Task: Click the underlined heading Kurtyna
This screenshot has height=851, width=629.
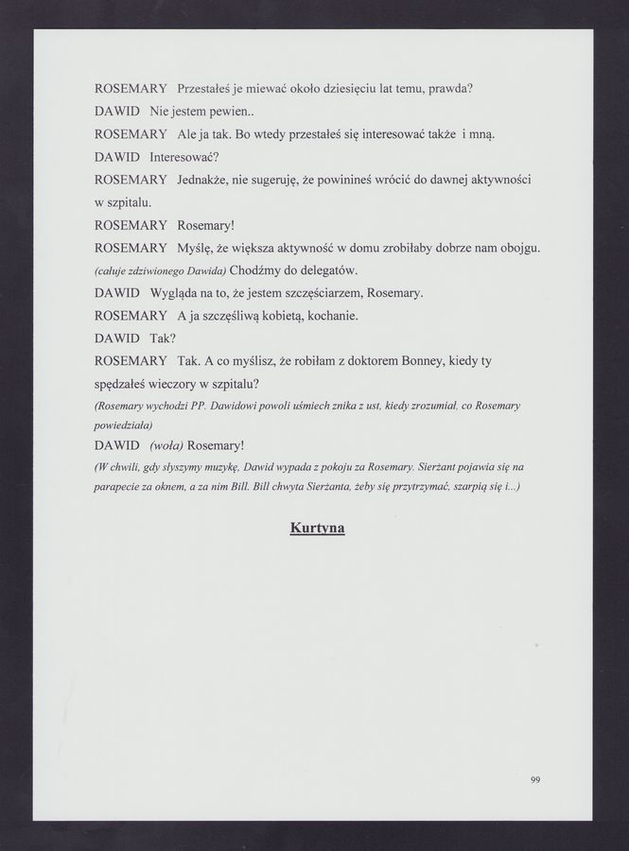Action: point(317,528)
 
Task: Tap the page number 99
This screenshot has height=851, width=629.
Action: point(535,779)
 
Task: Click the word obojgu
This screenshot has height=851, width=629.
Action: point(515,247)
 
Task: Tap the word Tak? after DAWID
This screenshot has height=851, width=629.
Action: point(164,338)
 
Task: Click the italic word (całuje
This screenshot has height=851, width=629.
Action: point(114,271)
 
